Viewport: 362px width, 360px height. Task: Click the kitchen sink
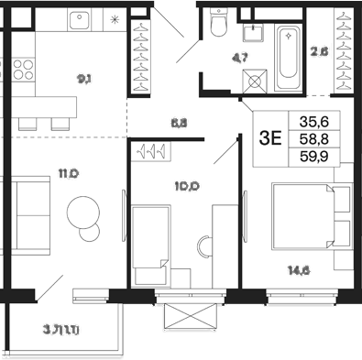(x=82, y=17)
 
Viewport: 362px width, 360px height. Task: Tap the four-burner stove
(x=23, y=71)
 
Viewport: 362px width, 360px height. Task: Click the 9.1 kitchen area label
(x=84, y=79)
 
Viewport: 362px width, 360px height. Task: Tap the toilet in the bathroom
(x=217, y=23)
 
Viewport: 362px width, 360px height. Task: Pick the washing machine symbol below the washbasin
(x=251, y=78)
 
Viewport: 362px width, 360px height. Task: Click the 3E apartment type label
(x=270, y=139)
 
